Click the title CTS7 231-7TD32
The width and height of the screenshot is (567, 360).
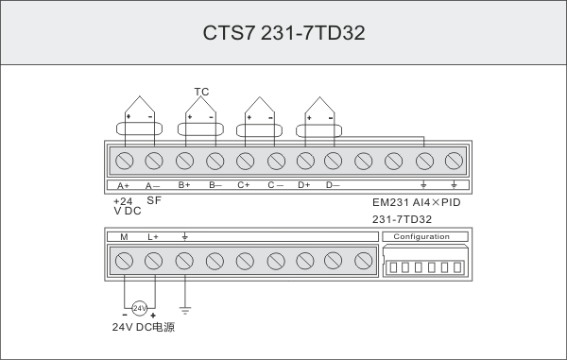[283, 33]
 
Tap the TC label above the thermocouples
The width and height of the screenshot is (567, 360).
[200, 92]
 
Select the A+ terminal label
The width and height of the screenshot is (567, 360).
[125, 185]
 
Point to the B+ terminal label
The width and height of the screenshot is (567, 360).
[184, 185]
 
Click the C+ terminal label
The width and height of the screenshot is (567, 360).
[244, 185]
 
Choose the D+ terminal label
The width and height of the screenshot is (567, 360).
[303, 185]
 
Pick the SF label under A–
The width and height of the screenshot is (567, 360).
[153, 201]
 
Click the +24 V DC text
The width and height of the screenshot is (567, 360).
[123, 206]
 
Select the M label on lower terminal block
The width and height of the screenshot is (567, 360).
[125, 236]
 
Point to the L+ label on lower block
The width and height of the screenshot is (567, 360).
[153, 236]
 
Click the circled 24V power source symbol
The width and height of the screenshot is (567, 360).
[139, 309]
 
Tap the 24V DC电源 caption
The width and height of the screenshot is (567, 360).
[143, 327]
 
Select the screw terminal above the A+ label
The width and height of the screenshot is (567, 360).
[125, 157]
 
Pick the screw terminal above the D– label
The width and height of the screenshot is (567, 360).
[334, 157]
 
